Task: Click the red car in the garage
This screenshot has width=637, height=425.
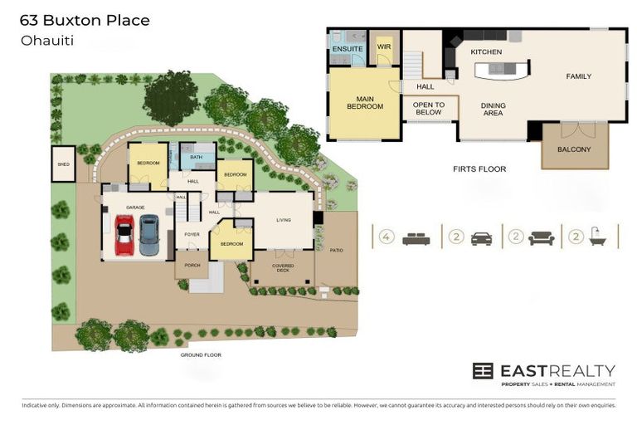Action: [124, 236]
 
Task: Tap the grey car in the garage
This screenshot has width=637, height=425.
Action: [149, 235]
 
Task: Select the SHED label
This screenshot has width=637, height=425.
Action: [63, 164]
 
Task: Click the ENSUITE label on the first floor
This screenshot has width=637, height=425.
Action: [347, 49]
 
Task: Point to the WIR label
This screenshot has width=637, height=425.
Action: [384, 47]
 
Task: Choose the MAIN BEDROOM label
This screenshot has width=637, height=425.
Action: [364, 103]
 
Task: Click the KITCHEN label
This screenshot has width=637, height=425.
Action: [486, 52]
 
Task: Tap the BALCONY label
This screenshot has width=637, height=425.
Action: [574, 149]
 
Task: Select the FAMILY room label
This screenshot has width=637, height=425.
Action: [578, 76]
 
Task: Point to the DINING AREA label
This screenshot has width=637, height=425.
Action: [494, 110]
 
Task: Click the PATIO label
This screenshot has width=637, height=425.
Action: [336, 249]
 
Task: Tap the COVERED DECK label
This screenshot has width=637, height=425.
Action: [283, 268]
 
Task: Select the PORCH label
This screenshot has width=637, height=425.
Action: [191, 266]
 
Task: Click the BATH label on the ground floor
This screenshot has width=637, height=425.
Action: [197, 157]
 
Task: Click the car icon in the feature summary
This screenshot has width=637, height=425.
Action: [480, 239]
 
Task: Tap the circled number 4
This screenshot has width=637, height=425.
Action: [386, 237]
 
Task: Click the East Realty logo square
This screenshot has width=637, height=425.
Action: [483, 371]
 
